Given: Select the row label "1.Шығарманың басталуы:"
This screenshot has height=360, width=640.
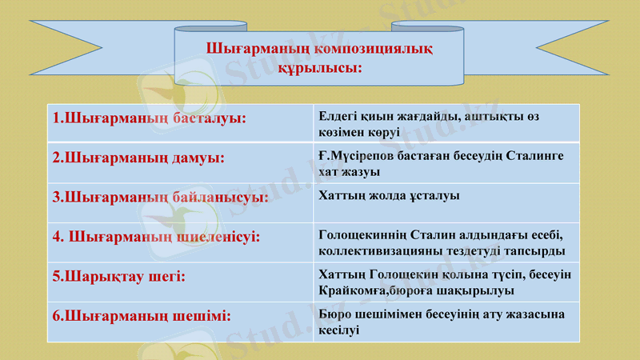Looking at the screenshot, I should point(149,118).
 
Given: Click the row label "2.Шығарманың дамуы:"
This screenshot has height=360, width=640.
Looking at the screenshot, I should point(138,158).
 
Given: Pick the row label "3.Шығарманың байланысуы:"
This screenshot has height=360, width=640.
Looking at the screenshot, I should point(160,196).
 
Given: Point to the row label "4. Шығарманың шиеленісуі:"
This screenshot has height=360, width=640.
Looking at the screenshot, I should point(156,237).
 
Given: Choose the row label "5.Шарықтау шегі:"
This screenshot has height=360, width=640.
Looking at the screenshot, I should point(118,276).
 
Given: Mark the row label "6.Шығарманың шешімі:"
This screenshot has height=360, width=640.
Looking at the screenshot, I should point(142,315).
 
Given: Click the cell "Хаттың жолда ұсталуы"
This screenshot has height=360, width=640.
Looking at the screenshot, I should point(389,195).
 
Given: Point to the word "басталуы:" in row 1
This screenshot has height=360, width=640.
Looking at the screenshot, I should point(209,118).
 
